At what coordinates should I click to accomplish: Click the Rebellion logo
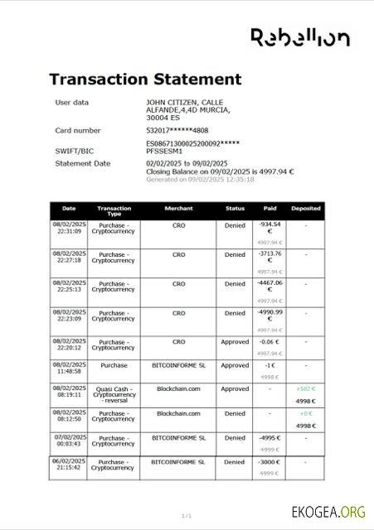point(299,36)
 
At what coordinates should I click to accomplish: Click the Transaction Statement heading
point(145,79)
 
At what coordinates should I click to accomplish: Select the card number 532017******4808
point(177,130)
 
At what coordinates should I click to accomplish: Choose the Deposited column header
point(305,209)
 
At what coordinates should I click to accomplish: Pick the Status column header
point(235,209)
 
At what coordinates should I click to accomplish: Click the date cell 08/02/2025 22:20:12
point(69,344)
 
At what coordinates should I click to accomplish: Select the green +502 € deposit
point(306,388)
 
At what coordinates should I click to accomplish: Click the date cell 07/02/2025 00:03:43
point(69,441)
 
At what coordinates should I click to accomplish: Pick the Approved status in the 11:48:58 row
point(235,365)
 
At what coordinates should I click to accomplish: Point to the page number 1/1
point(187,515)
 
